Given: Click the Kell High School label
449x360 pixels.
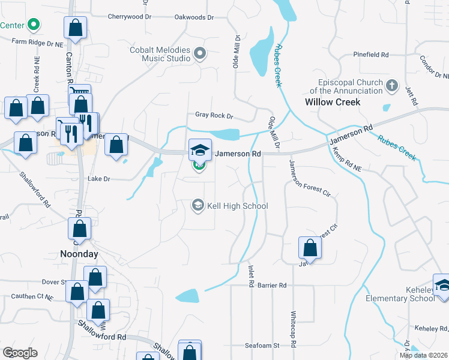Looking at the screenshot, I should (x=237, y=206).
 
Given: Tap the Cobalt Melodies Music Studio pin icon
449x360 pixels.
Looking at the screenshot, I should (x=200, y=55).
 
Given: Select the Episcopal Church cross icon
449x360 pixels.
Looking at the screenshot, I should (x=393, y=85).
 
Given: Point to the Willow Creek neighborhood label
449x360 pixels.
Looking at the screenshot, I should (x=333, y=102).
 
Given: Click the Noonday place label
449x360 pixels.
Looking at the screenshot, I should (x=79, y=254).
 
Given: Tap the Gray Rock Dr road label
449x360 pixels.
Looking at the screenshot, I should (x=214, y=115).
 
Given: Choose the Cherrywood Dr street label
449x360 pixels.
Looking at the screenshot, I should (x=129, y=17).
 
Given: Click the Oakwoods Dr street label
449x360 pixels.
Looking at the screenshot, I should (x=194, y=17).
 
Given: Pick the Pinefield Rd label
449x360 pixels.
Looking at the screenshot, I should (x=371, y=55).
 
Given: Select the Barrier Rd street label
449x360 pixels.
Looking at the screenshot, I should (x=273, y=285).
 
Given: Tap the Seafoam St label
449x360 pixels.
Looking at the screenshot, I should (x=262, y=346).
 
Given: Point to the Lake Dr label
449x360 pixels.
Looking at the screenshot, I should (x=99, y=179).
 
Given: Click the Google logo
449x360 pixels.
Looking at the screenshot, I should (x=20, y=353).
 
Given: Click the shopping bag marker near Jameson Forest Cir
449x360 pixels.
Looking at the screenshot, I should (x=310, y=248).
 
